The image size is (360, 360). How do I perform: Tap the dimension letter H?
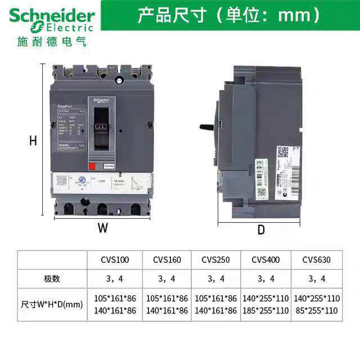[x=33, y=141]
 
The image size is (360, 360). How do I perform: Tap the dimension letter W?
[x=102, y=228]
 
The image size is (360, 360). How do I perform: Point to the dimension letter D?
[x=261, y=229]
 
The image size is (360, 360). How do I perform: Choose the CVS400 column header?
[x=266, y=259]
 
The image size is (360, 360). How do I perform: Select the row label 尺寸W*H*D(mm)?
[x=52, y=304]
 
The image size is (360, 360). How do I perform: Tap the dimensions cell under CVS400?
[x=266, y=304]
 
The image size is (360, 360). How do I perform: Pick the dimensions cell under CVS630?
[x=317, y=304]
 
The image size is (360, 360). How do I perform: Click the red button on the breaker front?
[x=92, y=166]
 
